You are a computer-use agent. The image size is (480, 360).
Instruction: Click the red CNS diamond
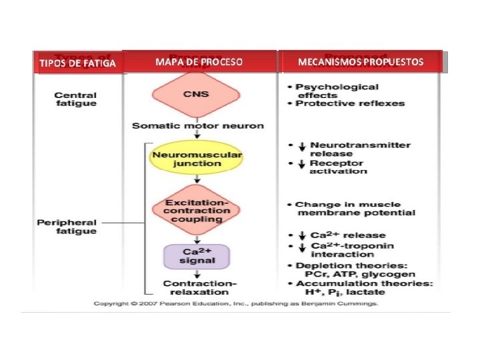(x=196, y=94)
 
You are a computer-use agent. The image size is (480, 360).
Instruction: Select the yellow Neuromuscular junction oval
(x=196, y=159)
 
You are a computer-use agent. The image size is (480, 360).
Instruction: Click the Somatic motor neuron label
(x=197, y=125)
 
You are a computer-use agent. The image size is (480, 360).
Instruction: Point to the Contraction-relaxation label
(x=196, y=288)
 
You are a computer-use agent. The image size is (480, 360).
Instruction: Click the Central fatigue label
(x=75, y=99)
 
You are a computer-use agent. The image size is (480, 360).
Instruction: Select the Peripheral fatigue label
(x=67, y=227)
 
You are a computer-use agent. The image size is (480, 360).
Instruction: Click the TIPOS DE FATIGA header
(x=78, y=63)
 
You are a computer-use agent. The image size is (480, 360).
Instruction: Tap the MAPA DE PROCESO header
(x=199, y=62)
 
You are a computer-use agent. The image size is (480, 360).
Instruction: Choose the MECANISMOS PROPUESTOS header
(x=361, y=62)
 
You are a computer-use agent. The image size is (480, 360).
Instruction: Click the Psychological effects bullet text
(x=337, y=91)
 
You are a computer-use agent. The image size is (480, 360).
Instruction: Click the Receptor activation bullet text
(x=338, y=167)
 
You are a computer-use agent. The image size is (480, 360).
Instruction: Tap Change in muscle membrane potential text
(x=355, y=209)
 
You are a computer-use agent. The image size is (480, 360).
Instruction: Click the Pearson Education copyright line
(x=235, y=303)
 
